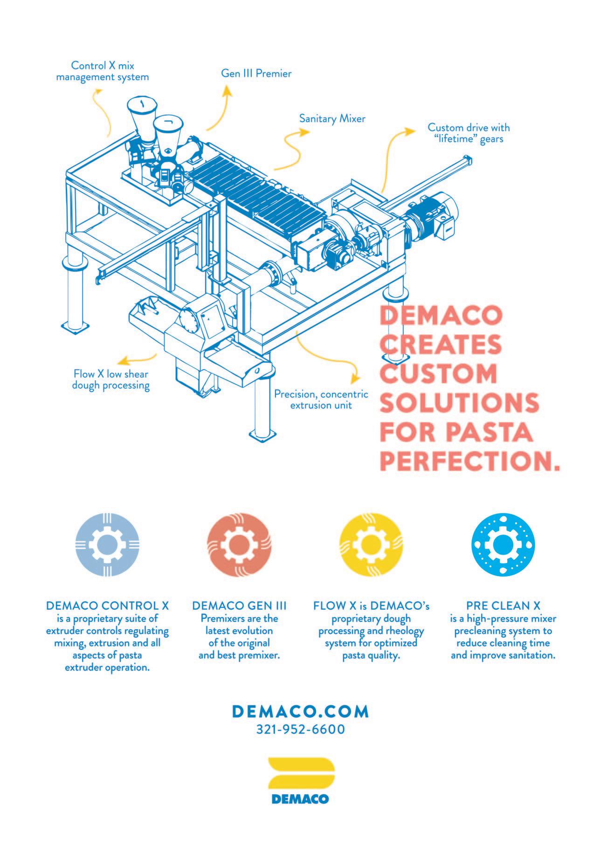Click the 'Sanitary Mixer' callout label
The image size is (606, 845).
[x=332, y=119]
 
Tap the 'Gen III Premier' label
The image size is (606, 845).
[x=256, y=74]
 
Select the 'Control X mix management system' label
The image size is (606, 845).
[x=103, y=71]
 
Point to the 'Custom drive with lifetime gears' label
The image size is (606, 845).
[x=468, y=133]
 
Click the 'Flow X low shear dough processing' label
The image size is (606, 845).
[x=111, y=379]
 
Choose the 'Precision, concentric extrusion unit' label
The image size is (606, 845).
[x=321, y=399]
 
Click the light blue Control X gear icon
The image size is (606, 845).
[x=107, y=545]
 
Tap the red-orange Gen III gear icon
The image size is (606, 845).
[x=239, y=545]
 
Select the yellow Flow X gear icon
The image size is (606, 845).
[x=371, y=545]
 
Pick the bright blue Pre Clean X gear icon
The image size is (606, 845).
[x=503, y=545]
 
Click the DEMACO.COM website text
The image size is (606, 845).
[x=301, y=712]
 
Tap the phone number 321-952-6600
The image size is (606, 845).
[x=301, y=729]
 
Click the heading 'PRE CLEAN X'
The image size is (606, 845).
[x=503, y=606]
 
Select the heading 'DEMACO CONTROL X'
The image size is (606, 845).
[x=107, y=606]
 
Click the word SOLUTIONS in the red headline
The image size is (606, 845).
[x=459, y=403]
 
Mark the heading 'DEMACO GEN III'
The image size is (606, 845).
[x=239, y=606]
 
